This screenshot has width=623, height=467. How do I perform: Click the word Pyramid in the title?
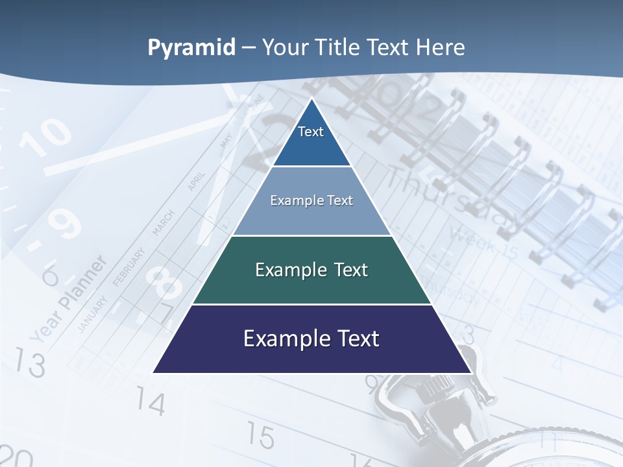pyautogui.click(x=191, y=48)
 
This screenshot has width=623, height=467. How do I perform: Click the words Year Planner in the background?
pyautogui.click(x=68, y=298)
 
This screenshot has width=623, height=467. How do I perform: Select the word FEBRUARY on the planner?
pyautogui.click(x=128, y=265)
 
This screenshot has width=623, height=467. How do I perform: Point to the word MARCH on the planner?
pyautogui.click(x=163, y=222)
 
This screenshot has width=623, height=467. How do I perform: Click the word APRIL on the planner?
pyautogui.click(x=196, y=181)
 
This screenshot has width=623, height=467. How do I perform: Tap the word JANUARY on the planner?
pyautogui.click(x=92, y=313)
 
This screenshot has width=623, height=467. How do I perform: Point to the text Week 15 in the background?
pyautogui.click(x=483, y=241)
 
